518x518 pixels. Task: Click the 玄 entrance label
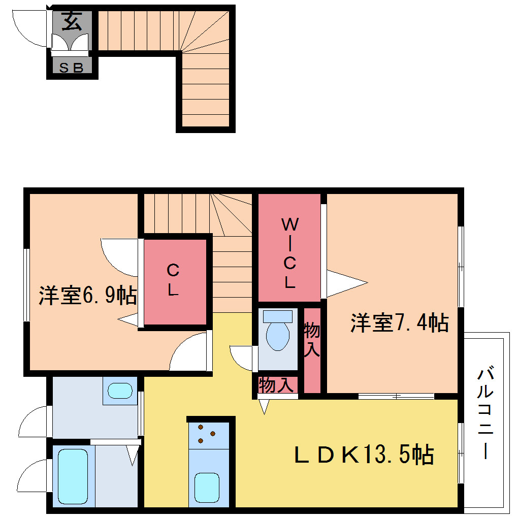[x=72, y=21]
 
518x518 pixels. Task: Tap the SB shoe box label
[x=71, y=68]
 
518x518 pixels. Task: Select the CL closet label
[x=173, y=280]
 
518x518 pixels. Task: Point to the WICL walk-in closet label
[x=289, y=253]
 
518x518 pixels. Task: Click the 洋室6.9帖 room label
[x=88, y=295]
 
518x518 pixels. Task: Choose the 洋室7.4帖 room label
[x=400, y=322]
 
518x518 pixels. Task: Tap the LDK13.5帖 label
[x=364, y=455]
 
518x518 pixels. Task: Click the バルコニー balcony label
[x=485, y=412]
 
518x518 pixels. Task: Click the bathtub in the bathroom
[x=73, y=476]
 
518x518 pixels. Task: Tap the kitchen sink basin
[x=207, y=488]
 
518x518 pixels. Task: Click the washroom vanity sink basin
[x=120, y=391]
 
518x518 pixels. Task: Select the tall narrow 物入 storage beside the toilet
[x=312, y=350]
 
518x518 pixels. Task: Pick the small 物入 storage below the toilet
[x=276, y=385]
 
